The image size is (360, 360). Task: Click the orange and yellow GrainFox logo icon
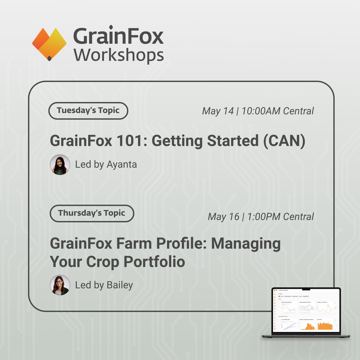49,44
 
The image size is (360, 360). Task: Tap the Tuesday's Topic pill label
88,111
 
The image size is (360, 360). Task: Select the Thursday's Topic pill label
91,213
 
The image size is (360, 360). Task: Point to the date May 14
218,111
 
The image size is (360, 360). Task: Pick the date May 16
223,217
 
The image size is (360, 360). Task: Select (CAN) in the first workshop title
284,141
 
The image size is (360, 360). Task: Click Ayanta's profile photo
60,165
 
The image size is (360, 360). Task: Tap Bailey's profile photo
60,285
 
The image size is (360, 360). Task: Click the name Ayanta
122,165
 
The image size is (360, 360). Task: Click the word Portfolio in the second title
154,262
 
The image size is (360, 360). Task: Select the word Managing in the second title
246,244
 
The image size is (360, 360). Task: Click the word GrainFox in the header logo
118,37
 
